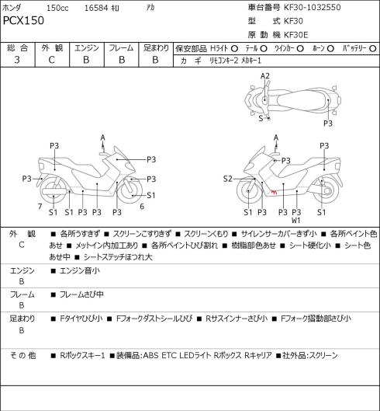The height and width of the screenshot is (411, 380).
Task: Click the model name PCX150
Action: pos(23,20)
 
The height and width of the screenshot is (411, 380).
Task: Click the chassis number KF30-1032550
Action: pos(313,7)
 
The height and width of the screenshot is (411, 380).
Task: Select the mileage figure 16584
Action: pos(96,8)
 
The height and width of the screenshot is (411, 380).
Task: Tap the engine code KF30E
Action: pos(296,35)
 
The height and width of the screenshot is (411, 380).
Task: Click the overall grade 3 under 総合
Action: pos(17,60)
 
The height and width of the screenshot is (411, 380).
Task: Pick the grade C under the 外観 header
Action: pos(51,60)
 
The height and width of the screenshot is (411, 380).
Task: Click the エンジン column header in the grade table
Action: pos(87,48)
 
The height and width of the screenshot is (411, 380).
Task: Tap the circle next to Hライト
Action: pos(235,49)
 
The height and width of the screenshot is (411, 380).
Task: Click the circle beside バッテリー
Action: pos(373,49)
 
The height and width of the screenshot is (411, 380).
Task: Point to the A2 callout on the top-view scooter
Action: pos(265,76)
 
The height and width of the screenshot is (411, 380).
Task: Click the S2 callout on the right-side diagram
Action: pos(228,179)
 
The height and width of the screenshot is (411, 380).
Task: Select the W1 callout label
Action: pos(296,221)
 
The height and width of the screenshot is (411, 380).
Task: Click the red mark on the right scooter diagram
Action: pos(274,192)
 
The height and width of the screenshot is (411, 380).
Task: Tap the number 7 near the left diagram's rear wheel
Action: pos(40,207)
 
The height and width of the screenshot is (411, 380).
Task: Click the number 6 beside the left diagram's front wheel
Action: pos(142,207)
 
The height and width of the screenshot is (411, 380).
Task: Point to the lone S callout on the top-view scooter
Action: pos(261,118)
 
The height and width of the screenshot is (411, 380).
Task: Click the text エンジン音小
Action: pos(80,270)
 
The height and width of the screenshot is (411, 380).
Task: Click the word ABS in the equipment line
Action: pos(150,355)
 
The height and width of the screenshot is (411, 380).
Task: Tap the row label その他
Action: pos(22,355)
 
